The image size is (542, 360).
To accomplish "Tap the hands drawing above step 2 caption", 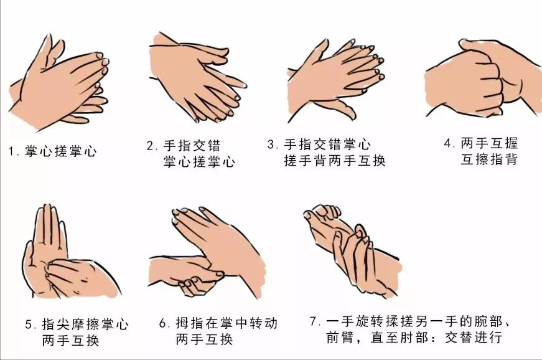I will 196,78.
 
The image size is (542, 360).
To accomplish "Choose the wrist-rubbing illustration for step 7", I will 352,249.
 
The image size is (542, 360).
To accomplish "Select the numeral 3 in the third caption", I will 271,145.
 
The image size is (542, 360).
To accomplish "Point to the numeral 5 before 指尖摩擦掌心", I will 29,324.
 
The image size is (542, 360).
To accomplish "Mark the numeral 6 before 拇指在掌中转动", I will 163,324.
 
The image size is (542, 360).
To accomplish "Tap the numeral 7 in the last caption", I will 313,322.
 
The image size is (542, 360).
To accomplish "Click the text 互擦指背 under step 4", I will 489,160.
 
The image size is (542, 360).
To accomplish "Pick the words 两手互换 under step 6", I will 205,340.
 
